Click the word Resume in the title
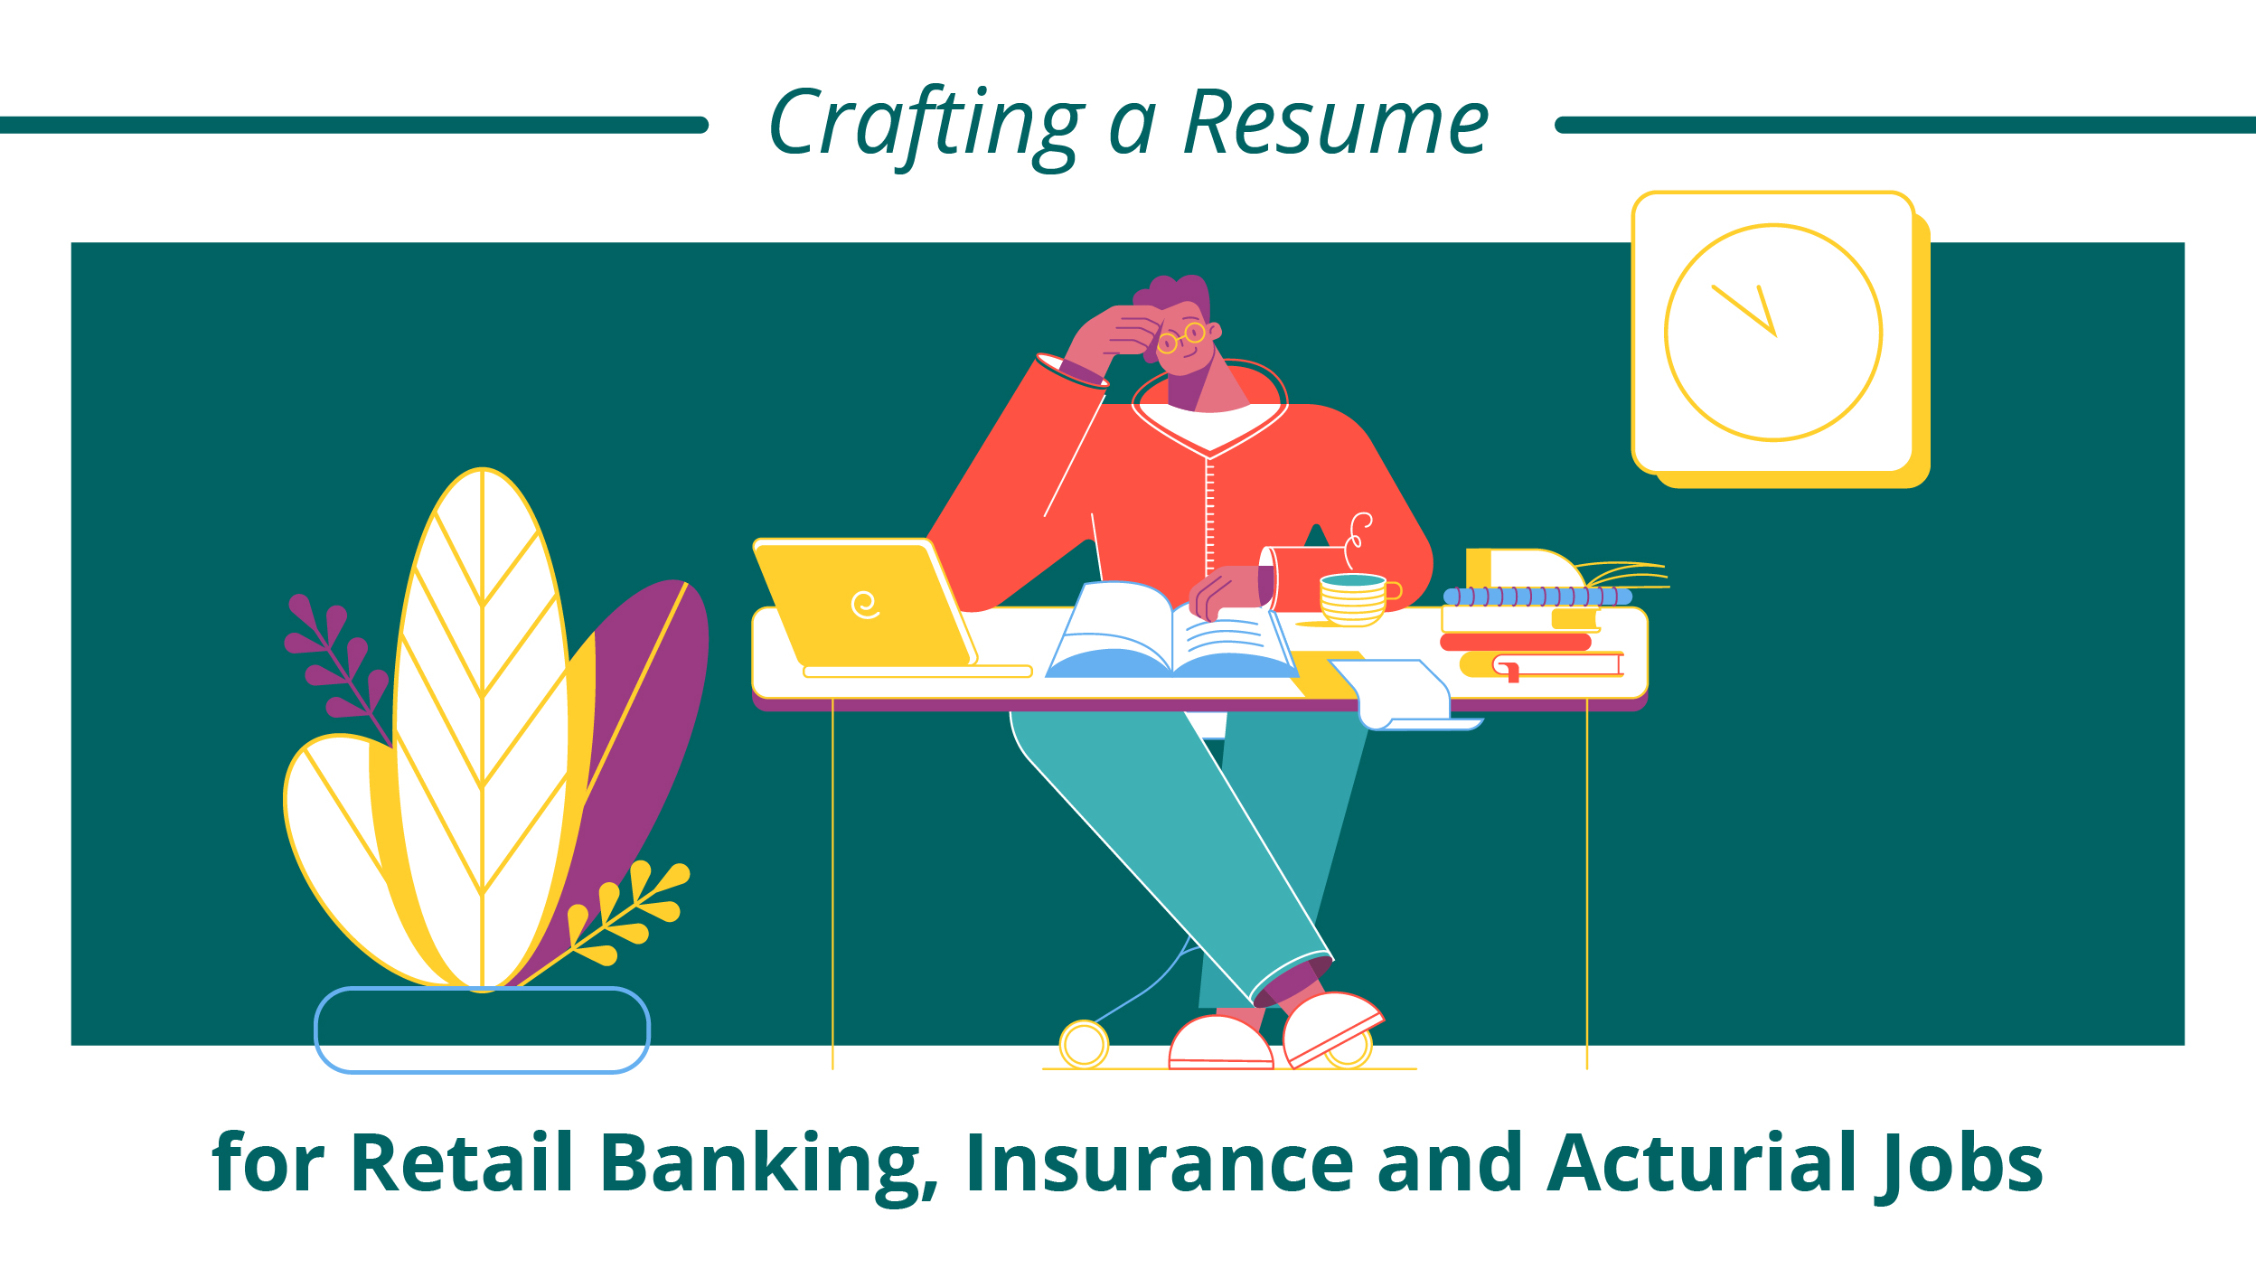coord(1335,124)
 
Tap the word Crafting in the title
coord(926,127)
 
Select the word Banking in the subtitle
coord(769,1165)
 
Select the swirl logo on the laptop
coord(865,605)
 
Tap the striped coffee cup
coord(1354,598)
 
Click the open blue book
coord(1171,630)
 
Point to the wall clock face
coord(1773,333)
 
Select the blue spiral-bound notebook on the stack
coord(1537,597)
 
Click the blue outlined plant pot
coord(482,1030)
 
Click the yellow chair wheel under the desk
coord(1084,1044)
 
